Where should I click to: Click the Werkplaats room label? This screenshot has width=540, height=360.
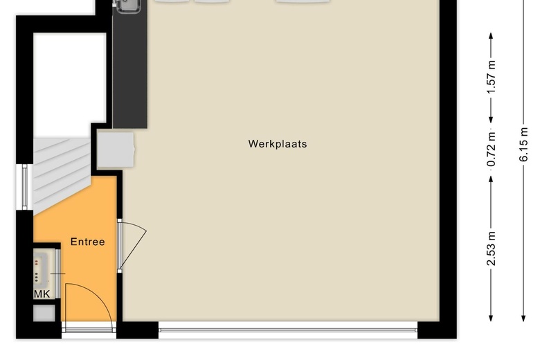pos(277,145)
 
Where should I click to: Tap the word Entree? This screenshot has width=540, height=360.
pos(87,242)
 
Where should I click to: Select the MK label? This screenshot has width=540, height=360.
pos(42,294)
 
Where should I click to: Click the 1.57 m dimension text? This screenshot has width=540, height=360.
pos(492,78)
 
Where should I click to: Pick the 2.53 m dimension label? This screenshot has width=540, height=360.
pos(492,250)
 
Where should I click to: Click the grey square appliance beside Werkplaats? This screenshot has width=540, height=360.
pos(115,150)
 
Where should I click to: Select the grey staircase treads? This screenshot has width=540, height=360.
pos(61,170)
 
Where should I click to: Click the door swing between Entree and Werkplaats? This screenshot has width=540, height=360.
pos(133,244)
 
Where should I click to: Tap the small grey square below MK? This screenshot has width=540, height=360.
pos(44,313)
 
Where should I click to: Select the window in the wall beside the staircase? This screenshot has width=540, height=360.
pos(26,186)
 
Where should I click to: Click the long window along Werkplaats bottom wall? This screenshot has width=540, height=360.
pos(288,331)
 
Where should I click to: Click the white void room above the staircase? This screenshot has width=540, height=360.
pos(69,83)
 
